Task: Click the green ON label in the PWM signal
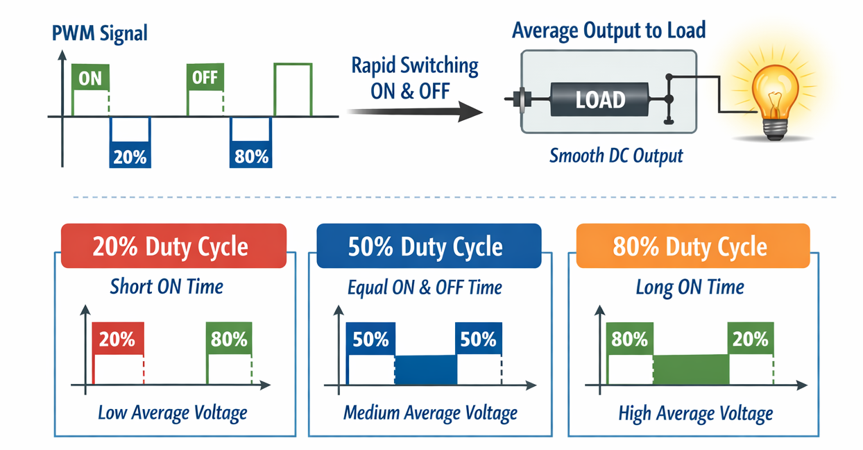pos(90,78)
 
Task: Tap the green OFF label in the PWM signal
pos(205,77)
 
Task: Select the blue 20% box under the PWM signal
pos(130,156)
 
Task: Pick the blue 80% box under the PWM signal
pos(250,156)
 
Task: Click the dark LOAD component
pos(601,99)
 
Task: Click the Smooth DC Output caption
pos(616,156)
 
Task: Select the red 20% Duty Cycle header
pos(173,247)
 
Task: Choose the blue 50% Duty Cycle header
pos(428,246)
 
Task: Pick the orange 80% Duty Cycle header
pos(693,247)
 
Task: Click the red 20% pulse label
pos(117,339)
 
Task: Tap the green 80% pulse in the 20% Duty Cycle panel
pos(230,339)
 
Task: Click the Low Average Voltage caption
pos(173,413)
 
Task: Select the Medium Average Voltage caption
pos(430,413)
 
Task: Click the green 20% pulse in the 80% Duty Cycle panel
pos(751,339)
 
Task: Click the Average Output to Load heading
pos(608,30)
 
